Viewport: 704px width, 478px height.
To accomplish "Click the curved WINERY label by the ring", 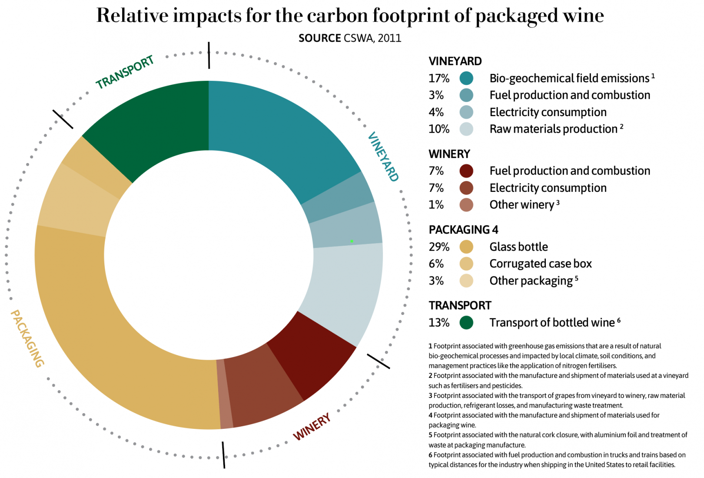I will [x=312, y=427].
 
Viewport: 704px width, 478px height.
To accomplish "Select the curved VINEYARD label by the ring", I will [x=383, y=157].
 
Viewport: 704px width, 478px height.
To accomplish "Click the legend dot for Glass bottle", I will [x=466, y=247].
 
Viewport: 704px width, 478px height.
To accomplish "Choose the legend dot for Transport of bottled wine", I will [x=466, y=323].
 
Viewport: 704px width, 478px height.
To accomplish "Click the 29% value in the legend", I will [x=439, y=247].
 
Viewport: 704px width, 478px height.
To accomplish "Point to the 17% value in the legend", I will [x=439, y=78].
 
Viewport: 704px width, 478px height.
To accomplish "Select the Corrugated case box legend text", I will [x=540, y=264].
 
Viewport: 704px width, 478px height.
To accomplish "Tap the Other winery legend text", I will [x=521, y=205].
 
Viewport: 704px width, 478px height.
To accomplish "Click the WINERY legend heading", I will [x=449, y=154].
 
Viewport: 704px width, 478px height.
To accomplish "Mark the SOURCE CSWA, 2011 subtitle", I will [x=350, y=38].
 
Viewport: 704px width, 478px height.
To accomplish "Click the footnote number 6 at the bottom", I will [x=430, y=455].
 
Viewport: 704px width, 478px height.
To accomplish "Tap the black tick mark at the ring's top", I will [x=209, y=55].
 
